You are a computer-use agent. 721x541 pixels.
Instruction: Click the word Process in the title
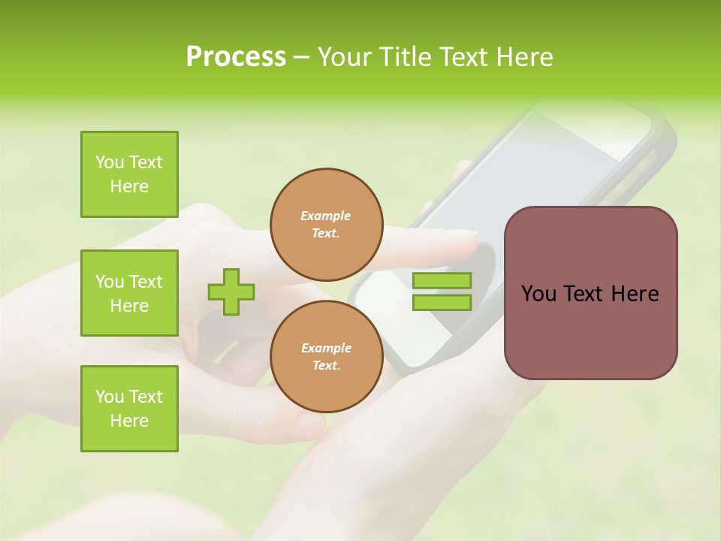tap(236, 57)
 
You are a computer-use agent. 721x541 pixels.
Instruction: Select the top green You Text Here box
tap(129, 174)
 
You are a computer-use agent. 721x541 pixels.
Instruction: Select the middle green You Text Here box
tap(129, 293)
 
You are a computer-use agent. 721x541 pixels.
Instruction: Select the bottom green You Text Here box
tap(129, 409)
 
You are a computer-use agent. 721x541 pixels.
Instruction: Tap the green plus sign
tap(231, 291)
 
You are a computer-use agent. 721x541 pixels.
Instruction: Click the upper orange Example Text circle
tap(326, 224)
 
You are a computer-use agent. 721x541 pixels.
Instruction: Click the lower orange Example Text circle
tap(326, 356)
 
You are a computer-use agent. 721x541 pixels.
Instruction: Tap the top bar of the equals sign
tap(442, 281)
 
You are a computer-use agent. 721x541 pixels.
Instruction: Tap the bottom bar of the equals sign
tap(442, 302)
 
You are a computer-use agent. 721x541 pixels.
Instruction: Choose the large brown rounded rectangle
tap(590, 331)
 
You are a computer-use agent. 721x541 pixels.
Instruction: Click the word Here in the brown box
tap(635, 294)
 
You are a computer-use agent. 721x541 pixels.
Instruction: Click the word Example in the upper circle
tap(326, 216)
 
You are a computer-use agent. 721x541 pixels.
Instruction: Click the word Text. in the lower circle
tap(326, 366)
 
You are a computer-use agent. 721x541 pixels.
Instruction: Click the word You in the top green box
tap(109, 162)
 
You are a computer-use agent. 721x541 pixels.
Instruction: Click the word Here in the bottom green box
tap(129, 421)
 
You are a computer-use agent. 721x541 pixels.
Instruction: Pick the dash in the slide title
tap(301, 57)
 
